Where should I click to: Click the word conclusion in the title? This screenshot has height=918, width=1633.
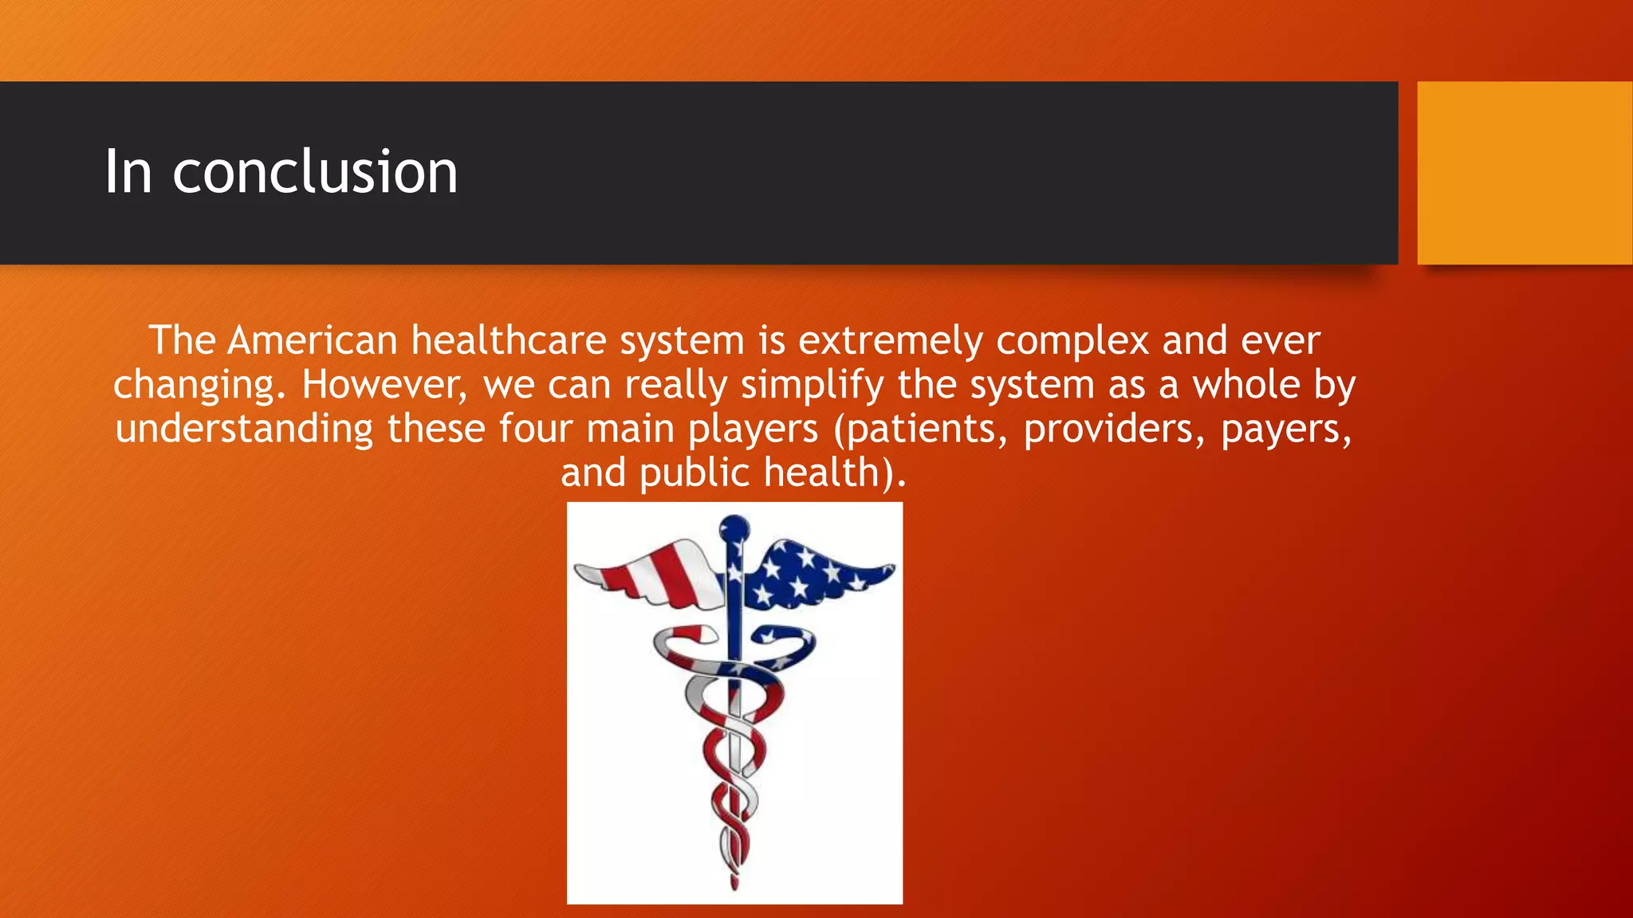315,172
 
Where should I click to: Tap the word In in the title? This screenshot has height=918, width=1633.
128,172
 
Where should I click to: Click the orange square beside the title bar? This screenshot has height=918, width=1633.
1525,172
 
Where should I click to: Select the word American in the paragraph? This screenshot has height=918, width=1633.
312,341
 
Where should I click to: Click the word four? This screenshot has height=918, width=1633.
536,429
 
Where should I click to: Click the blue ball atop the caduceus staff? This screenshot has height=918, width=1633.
734,528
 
